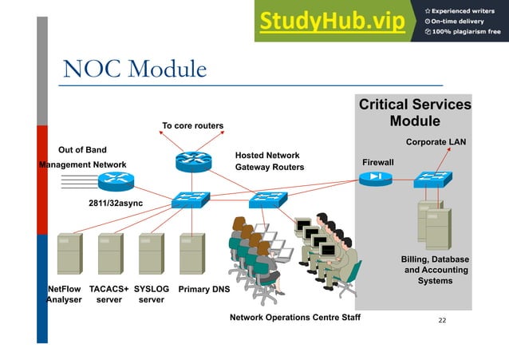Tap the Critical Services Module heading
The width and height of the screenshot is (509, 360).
pyautogui.click(x=414, y=113)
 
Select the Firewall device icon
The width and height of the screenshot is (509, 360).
pyautogui.click(x=376, y=179)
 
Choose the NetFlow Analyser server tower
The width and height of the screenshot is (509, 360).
pyautogui.click(x=69, y=254)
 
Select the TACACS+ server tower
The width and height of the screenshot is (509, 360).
pyautogui.click(x=109, y=254)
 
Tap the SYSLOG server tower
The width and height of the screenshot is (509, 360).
pyautogui.click(x=150, y=254)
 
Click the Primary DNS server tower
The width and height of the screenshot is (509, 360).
pyautogui.click(x=191, y=254)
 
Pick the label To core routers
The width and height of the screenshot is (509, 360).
pyautogui.click(x=192, y=125)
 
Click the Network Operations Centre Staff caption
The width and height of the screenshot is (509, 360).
pyautogui.click(x=294, y=318)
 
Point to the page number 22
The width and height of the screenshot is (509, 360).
pyautogui.click(x=443, y=319)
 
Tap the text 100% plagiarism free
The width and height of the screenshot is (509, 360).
pyautogui.click(x=464, y=32)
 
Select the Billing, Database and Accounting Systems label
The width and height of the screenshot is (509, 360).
pyautogui.click(x=435, y=270)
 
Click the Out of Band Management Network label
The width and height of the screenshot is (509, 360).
pyautogui.click(x=83, y=157)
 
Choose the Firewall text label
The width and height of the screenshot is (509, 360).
pyautogui.click(x=378, y=162)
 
